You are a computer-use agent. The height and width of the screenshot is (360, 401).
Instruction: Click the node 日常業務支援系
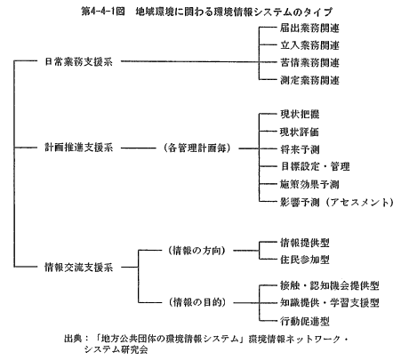click(x=78, y=61)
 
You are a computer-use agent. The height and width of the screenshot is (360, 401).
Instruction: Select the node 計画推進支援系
click(x=78, y=148)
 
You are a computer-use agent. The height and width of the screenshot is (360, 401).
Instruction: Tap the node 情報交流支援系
click(x=78, y=268)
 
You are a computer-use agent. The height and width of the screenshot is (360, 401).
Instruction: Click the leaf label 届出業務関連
click(x=309, y=28)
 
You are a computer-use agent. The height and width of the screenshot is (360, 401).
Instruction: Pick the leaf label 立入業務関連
click(x=309, y=45)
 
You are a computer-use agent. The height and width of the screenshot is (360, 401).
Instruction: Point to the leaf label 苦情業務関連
click(x=309, y=62)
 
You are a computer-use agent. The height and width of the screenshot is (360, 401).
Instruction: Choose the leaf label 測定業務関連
click(x=309, y=80)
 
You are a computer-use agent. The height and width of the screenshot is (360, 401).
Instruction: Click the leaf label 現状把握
click(x=300, y=114)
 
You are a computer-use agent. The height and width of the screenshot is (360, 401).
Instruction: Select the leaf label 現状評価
click(x=300, y=132)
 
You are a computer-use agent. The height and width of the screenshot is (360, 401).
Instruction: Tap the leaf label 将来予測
click(x=300, y=149)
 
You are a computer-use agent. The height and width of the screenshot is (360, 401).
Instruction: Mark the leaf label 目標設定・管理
click(x=315, y=166)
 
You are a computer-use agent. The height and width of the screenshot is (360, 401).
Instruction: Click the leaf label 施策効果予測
click(x=309, y=184)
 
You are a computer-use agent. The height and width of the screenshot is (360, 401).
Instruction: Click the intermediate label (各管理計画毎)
click(x=196, y=148)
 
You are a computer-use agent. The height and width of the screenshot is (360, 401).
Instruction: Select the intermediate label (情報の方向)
click(x=196, y=251)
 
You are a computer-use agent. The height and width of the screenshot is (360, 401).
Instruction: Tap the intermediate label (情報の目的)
click(x=196, y=302)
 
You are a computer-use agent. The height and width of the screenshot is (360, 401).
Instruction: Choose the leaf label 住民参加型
click(x=305, y=260)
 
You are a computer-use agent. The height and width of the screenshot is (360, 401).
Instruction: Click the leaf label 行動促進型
click(x=305, y=321)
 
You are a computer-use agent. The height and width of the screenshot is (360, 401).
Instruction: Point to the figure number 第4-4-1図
click(x=103, y=12)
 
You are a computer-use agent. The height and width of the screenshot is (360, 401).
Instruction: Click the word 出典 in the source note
click(x=73, y=339)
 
